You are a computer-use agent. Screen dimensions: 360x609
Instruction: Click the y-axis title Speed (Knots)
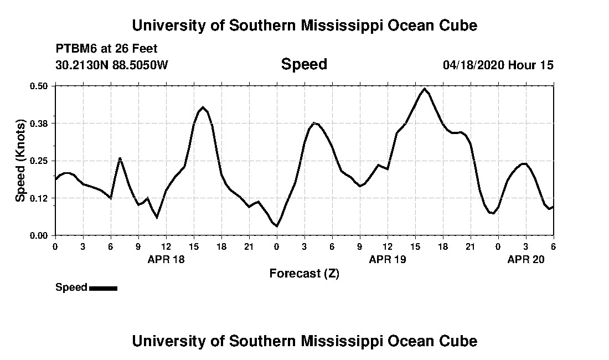click(x=20, y=161)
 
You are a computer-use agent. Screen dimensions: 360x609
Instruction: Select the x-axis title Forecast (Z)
click(x=304, y=273)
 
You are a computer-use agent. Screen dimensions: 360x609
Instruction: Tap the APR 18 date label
click(x=166, y=259)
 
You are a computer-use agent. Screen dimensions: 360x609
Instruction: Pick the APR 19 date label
click(x=388, y=259)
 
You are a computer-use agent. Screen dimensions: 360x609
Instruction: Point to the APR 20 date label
click(x=526, y=259)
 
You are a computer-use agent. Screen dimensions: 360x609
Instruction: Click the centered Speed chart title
click(x=304, y=64)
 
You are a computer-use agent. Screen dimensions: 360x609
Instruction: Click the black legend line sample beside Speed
click(x=103, y=288)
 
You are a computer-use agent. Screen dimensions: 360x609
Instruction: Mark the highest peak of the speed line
click(x=425, y=89)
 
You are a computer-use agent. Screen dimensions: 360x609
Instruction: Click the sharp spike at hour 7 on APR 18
click(x=120, y=158)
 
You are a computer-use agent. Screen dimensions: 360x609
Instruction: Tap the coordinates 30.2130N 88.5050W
click(x=111, y=65)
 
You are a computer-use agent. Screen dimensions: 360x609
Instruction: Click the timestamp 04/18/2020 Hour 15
click(x=498, y=65)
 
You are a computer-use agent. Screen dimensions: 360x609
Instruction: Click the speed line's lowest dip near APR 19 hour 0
click(x=276, y=226)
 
